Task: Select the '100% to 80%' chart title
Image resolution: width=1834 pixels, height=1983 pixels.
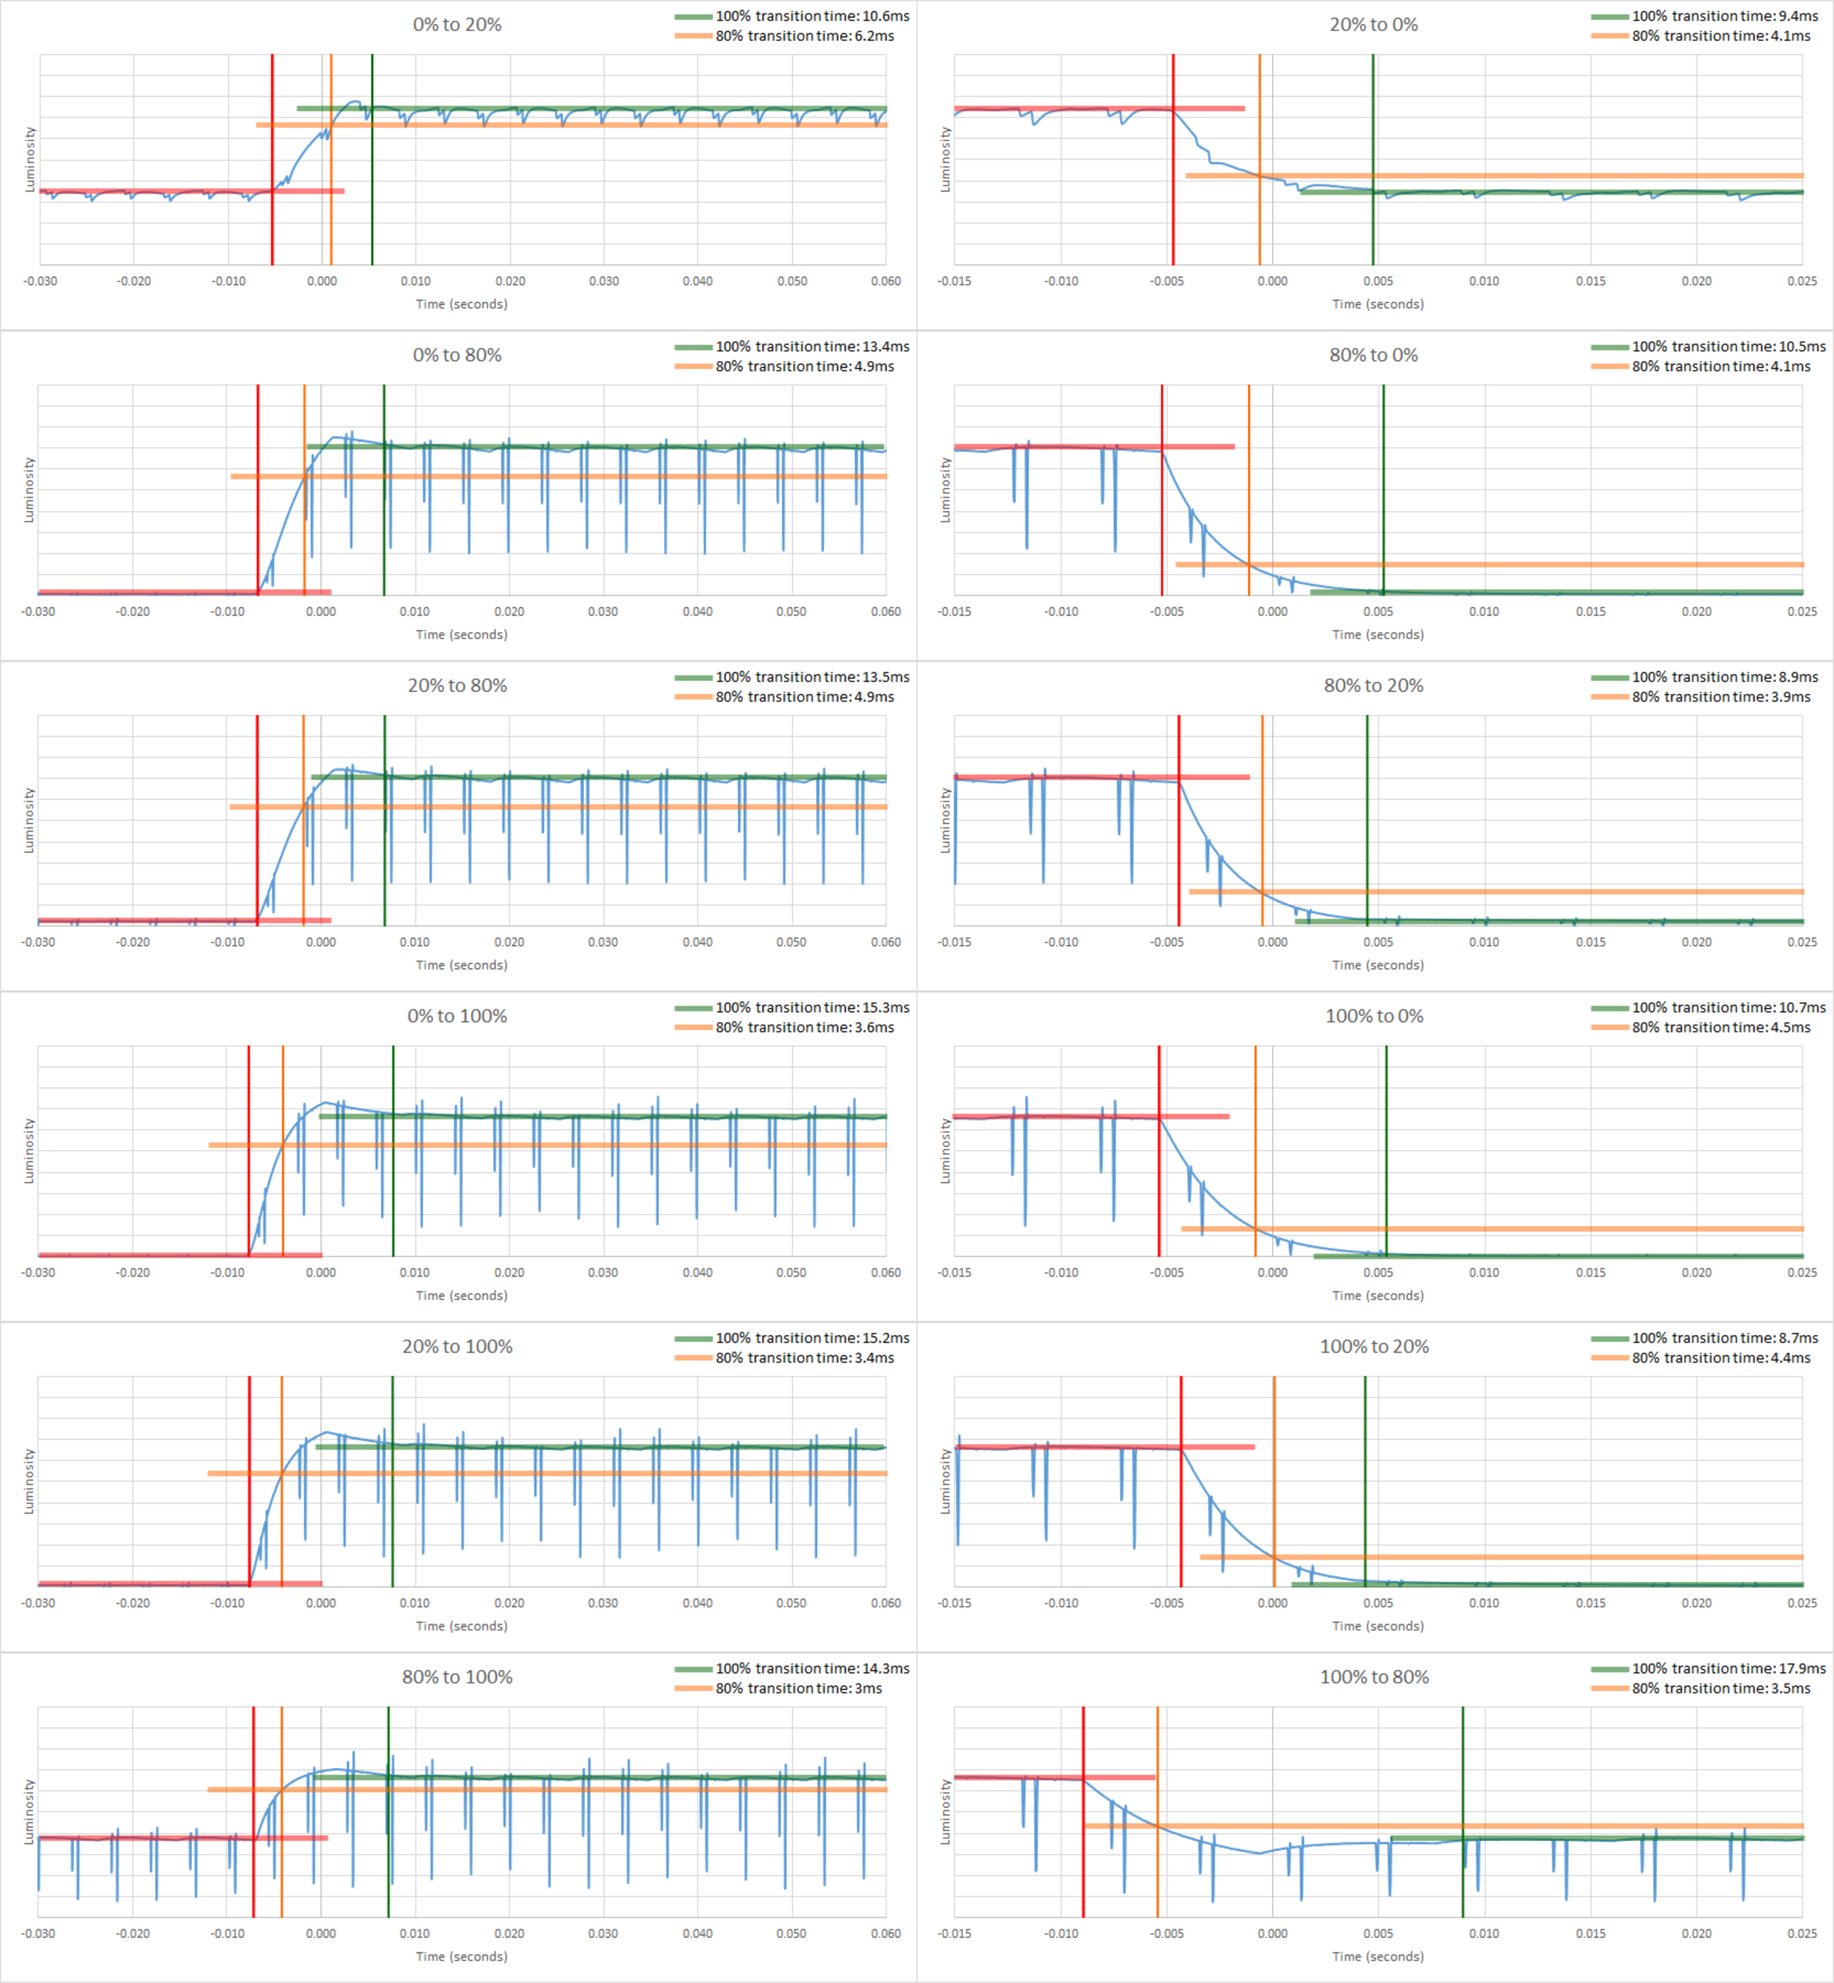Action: (x=1374, y=1677)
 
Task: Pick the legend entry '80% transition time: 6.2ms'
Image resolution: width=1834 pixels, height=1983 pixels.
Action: (x=804, y=36)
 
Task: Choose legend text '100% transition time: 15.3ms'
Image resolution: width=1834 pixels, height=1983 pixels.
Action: (x=812, y=1008)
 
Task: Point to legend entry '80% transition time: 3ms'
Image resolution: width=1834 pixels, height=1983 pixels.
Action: (x=798, y=1688)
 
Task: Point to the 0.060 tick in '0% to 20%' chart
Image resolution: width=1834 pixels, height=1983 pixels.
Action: (x=885, y=281)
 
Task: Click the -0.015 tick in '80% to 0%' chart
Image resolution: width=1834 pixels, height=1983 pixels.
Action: (x=955, y=611)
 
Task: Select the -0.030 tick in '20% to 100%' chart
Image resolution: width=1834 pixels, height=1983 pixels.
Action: (x=39, y=1603)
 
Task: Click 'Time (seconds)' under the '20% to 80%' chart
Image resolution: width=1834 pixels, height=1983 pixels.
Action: (x=461, y=965)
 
